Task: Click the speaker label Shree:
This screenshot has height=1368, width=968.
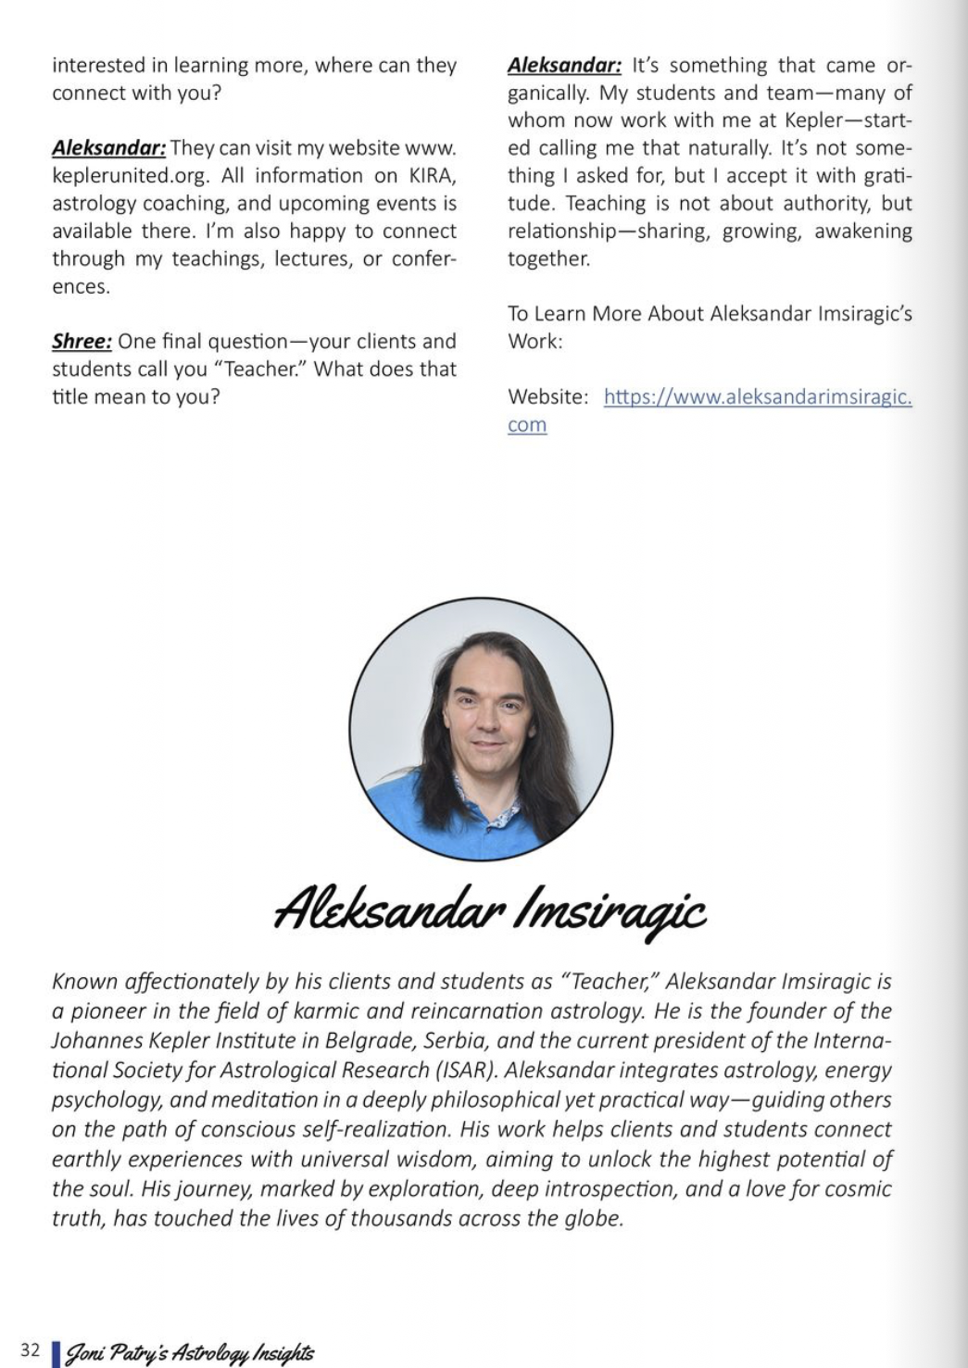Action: coord(82,342)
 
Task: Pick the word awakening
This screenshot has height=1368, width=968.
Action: coord(862,232)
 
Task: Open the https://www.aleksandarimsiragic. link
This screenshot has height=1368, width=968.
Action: coord(757,397)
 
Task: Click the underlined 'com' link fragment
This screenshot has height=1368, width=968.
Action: coord(527,425)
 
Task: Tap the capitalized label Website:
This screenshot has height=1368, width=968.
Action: coord(547,397)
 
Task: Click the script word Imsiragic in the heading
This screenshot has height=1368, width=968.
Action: coord(615,910)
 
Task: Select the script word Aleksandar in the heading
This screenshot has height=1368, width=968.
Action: coord(389,908)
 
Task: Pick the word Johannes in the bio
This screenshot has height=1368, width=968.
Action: coord(95,1041)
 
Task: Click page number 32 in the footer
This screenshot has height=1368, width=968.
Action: coord(30,1350)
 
